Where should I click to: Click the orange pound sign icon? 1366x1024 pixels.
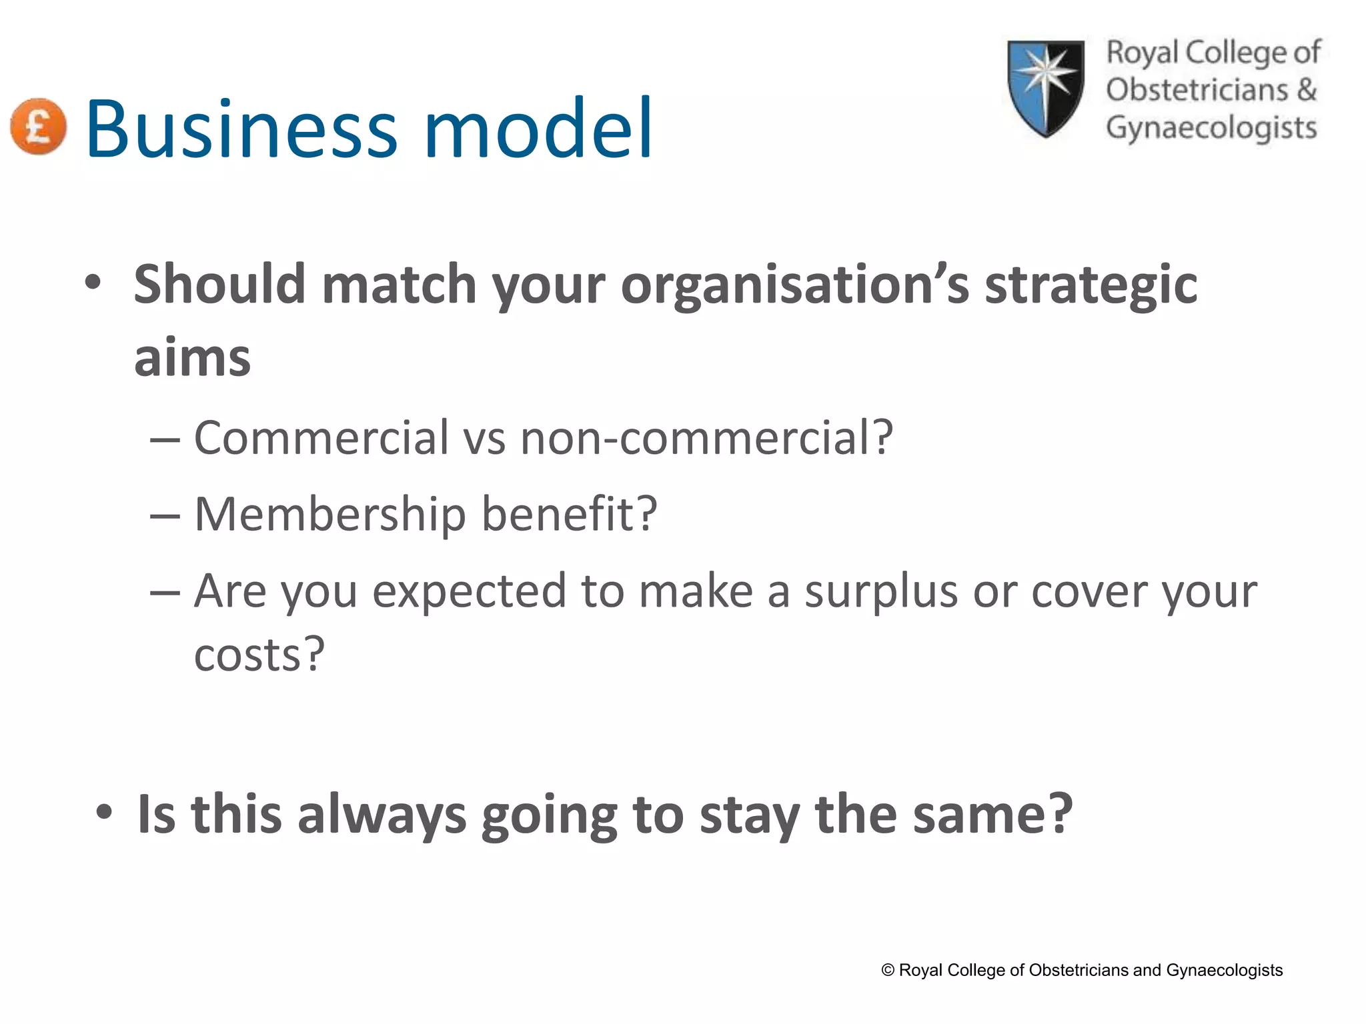39,127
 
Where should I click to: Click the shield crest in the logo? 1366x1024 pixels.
1045,88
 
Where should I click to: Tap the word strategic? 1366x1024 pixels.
1091,285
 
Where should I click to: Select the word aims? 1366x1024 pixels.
192,359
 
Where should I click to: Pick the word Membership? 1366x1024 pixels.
329,515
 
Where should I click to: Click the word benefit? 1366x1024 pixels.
569,515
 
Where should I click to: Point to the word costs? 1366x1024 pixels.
258,655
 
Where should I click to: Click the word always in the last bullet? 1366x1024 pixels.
382,815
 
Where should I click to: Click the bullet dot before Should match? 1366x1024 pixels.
93,283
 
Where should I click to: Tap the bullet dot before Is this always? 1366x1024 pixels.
104,813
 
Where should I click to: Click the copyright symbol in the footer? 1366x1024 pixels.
888,970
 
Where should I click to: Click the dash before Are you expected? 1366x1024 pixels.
165,593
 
